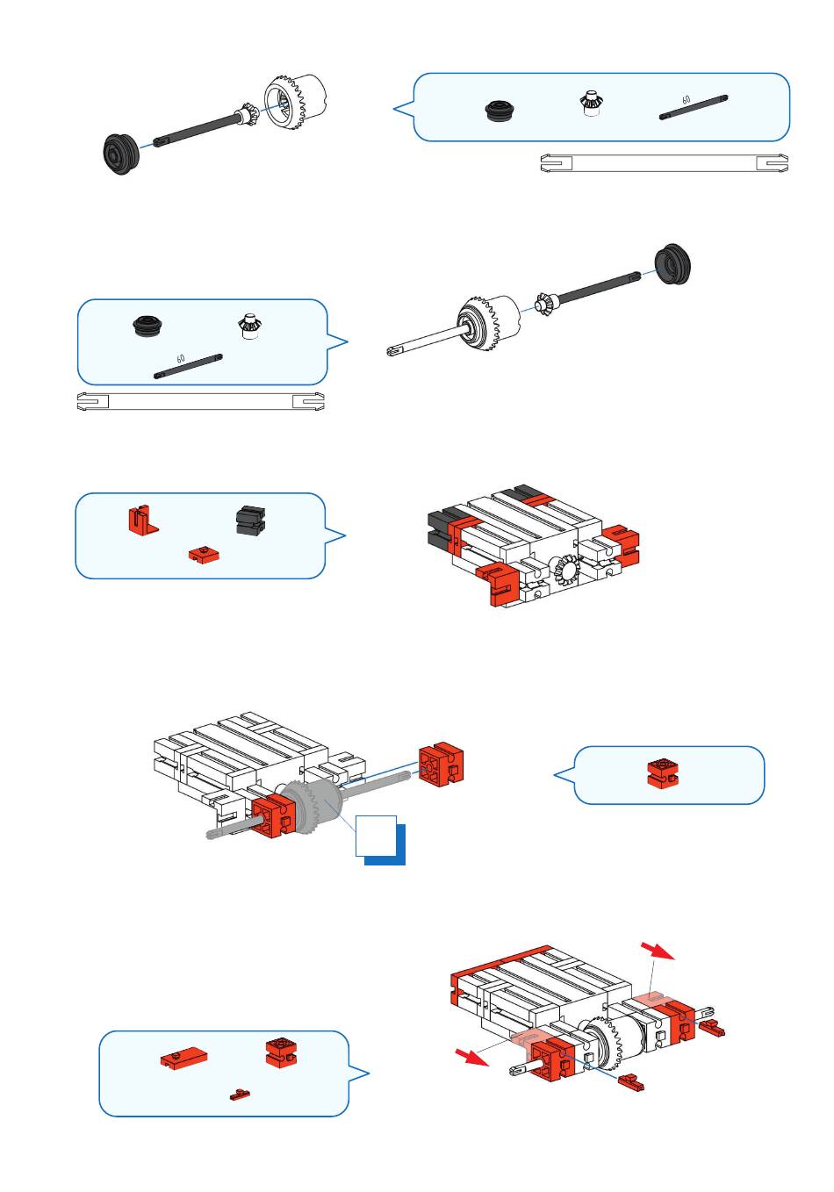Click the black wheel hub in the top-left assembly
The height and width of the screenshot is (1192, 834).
click(121, 154)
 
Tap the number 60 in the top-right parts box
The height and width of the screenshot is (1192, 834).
click(686, 99)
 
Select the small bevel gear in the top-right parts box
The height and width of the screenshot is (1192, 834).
click(589, 104)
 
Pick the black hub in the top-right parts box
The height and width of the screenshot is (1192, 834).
click(500, 110)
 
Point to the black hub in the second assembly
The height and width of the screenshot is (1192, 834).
click(672, 264)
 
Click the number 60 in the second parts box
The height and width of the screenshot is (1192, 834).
click(181, 359)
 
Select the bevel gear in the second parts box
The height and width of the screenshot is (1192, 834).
click(248, 326)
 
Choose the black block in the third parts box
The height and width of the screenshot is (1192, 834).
click(250, 520)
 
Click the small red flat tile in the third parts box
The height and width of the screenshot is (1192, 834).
click(204, 553)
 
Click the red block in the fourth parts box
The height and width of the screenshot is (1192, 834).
click(663, 773)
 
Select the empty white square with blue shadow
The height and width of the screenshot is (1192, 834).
click(377, 836)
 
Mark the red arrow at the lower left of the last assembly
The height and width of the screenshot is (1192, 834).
click(472, 1056)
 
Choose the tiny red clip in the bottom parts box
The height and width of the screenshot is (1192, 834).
click(240, 1095)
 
